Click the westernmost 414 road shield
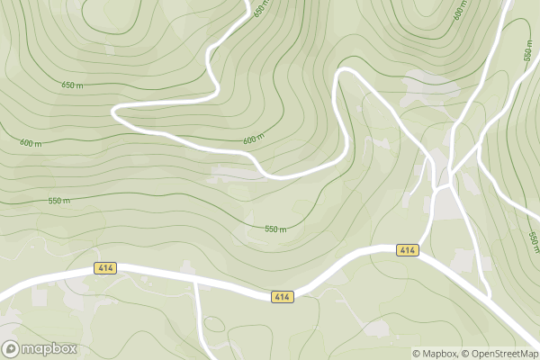tap(105, 269)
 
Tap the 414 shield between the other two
tap(283, 296)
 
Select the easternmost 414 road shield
tap(408, 249)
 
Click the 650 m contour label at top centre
tap(260, 10)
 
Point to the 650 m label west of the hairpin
tap(71, 85)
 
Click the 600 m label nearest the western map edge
tap(31, 144)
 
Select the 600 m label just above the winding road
tap(254, 140)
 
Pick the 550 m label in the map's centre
tap(275, 229)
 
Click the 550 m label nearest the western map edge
tap(59, 201)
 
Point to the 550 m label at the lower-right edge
tap(534, 241)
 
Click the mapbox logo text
tap(49, 349)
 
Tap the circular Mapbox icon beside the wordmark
tap(12, 348)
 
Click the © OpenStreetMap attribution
tap(500, 353)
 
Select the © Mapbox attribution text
tap(436, 353)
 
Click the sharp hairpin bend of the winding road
tap(115, 109)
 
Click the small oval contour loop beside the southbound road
tap(213, 324)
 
